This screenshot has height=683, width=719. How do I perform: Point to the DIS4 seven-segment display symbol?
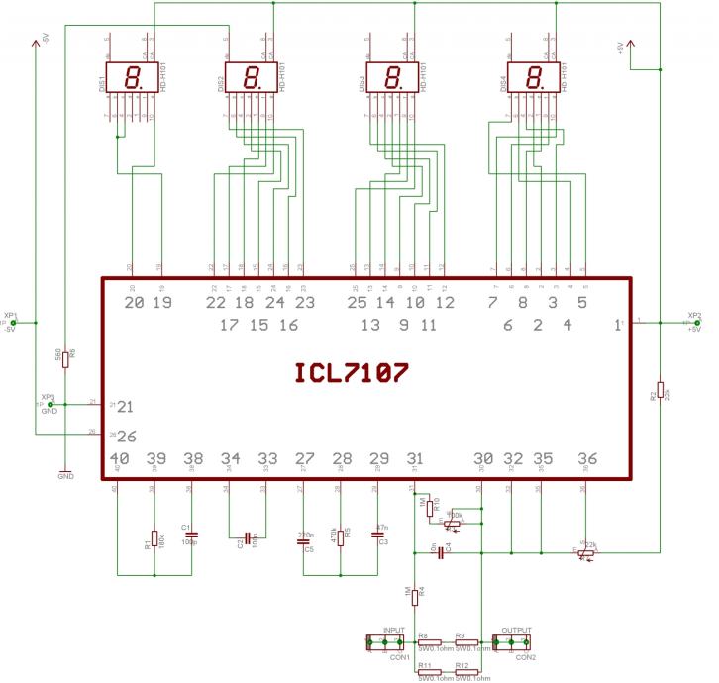pos(532,77)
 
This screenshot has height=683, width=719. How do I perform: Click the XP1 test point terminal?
pos(13,323)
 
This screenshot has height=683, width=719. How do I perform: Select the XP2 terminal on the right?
pos(689,323)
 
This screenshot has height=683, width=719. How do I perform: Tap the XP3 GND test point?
pos(49,404)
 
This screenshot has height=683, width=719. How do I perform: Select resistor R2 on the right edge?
pos(660,391)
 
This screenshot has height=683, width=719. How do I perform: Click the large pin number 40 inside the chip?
pos(120,458)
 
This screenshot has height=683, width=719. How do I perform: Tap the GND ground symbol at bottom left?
pos(65,470)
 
